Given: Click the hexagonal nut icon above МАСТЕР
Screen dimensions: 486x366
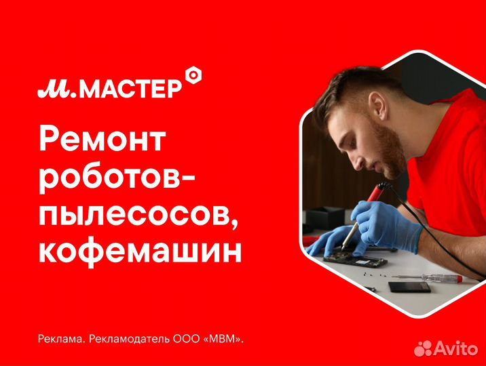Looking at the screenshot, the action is tap(193, 75).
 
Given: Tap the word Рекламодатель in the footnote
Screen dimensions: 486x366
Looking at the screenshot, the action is tap(129, 339).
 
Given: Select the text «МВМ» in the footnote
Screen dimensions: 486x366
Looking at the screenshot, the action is tap(224, 339).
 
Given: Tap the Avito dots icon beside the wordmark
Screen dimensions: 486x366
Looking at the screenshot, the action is tap(423, 348).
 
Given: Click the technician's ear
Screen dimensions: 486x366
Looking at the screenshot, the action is tap(377, 104).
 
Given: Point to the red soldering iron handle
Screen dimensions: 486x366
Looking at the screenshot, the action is tap(376, 194).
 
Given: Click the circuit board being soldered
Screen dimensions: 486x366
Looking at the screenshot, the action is tap(355, 260).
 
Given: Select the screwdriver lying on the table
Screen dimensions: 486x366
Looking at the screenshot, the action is tap(427, 277).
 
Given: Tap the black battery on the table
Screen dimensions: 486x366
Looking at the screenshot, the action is tap(409, 287).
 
